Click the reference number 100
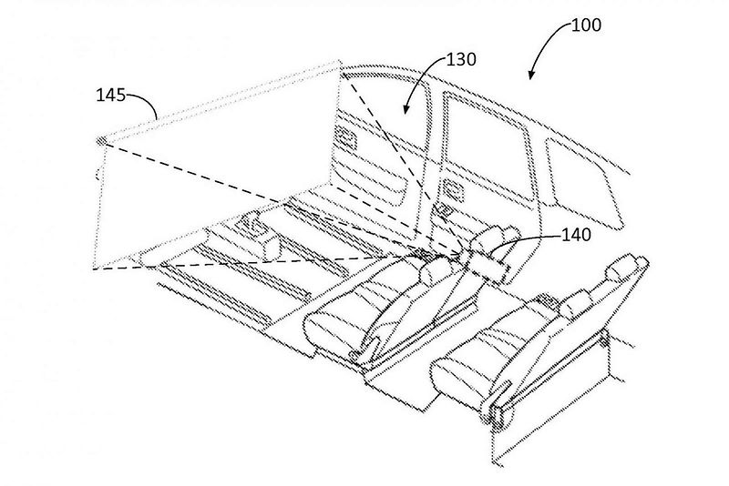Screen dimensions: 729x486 coord(586,25)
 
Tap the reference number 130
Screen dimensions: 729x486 coord(461,59)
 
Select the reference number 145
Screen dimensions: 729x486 coord(111,96)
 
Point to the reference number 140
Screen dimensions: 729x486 coord(576,235)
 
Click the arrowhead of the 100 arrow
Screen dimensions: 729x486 coord(531,75)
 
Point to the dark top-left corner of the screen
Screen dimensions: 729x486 coord(101,140)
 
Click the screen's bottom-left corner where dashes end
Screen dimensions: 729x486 coord(95,268)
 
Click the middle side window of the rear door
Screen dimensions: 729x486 coord(488,147)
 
